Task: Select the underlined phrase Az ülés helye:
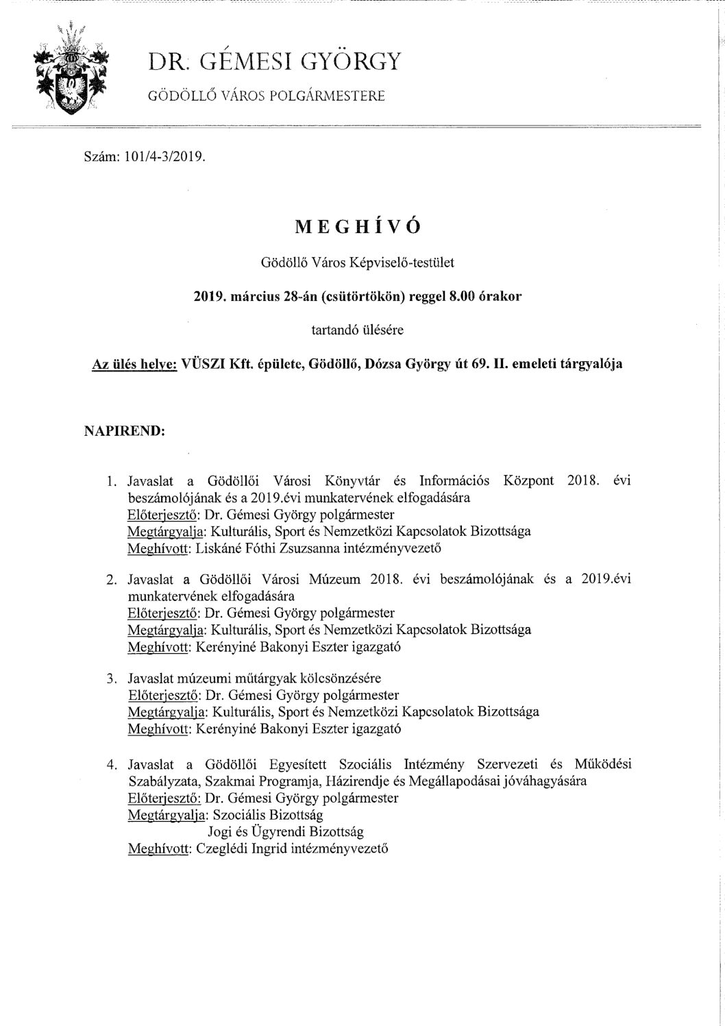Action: (134, 364)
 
